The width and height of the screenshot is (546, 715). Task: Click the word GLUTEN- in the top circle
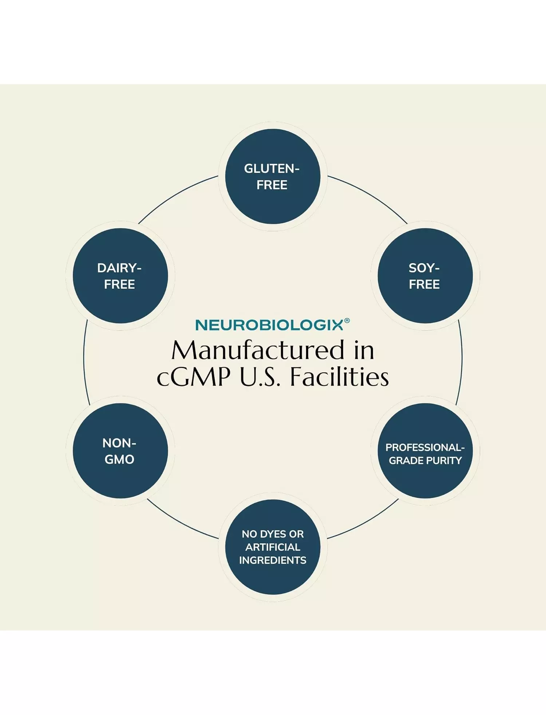click(x=272, y=169)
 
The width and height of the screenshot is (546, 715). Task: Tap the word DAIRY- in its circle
click(x=119, y=268)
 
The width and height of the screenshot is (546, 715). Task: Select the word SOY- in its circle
click(x=424, y=268)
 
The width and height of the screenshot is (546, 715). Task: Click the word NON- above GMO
click(x=119, y=443)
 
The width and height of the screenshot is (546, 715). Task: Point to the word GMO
click(x=119, y=460)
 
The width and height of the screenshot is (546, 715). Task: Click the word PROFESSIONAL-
click(x=425, y=447)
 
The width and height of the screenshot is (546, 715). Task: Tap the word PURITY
click(x=443, y=461)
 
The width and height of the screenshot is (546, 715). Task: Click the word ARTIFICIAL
click(x=273, y=547)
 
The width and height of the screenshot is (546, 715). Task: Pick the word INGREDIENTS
click(x=273, y=560)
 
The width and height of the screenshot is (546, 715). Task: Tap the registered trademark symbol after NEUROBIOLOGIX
click(x=347, y=321)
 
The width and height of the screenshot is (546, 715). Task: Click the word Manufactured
click(x=258, y=350)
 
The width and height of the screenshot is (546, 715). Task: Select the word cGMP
click(x=193, y=377)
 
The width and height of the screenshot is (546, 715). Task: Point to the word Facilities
click(x=339, y=377)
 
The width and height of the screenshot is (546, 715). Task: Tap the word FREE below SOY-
click(x=424, y=284)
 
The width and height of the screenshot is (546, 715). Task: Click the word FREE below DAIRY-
click(x=119, y=284)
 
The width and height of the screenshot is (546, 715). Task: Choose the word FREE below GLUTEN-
click(x=272, y=185)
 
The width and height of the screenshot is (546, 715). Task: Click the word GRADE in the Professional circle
click(x=405, y=461)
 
